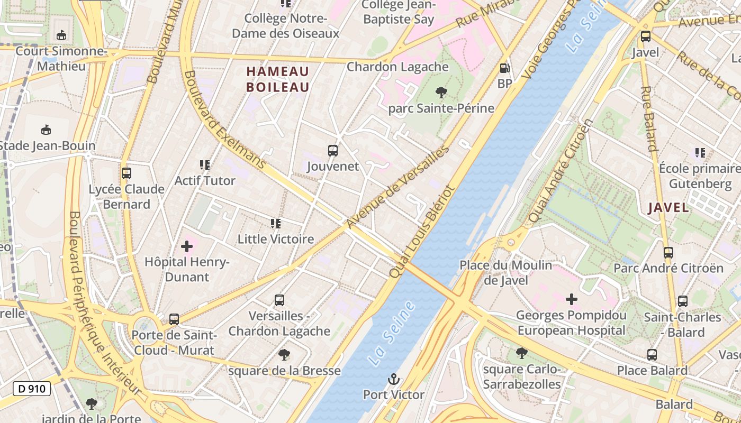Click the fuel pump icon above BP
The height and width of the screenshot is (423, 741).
point(505,68)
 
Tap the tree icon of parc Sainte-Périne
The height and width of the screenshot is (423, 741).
point(441,93)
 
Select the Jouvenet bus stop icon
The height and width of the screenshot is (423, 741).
point(333,151)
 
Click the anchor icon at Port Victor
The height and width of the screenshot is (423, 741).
point(393,379)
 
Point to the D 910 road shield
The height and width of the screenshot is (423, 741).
point(32,389)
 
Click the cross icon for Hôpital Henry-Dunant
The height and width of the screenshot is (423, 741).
point(186,246)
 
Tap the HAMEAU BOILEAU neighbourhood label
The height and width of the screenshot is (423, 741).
point(278,79)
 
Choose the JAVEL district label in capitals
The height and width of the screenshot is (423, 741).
point(668,208)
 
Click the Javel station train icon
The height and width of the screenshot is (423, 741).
point(645,37)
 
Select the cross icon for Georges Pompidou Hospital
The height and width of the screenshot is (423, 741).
point(572,300)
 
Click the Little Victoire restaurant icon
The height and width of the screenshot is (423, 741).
point(275,224)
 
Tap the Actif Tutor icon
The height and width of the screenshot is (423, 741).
point(205,165)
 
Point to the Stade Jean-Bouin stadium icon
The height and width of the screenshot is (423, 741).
point(46,130)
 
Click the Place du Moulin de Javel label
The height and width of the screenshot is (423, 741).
point(505,272)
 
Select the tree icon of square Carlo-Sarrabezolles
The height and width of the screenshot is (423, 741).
point(521,353)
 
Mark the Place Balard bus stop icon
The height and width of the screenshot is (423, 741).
point(652,355)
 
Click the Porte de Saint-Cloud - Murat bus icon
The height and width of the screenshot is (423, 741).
point(174,319)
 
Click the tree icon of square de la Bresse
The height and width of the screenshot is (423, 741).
point(284,355)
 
